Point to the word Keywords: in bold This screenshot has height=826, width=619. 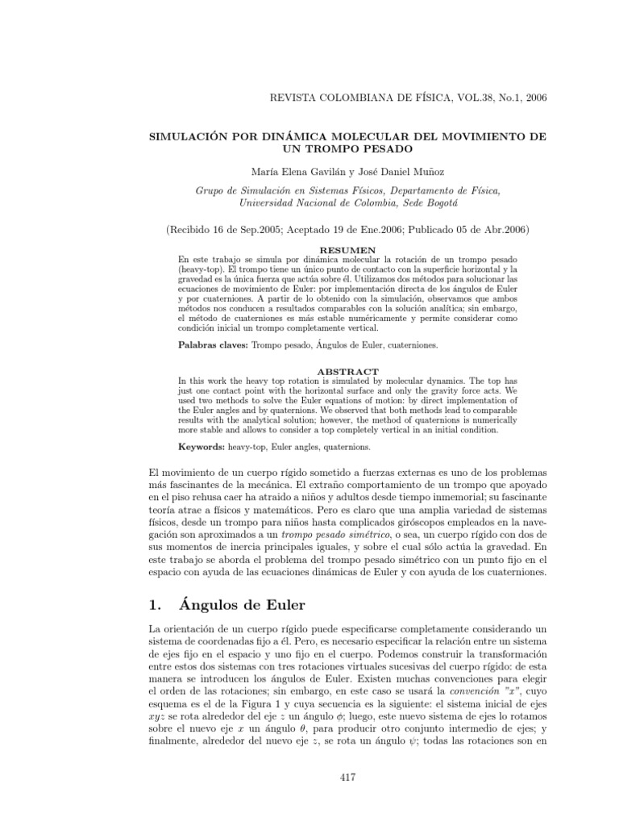pyautogui.click(x=202, y=444)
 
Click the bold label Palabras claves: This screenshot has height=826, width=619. pyautogui.click(x=212, y=344)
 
